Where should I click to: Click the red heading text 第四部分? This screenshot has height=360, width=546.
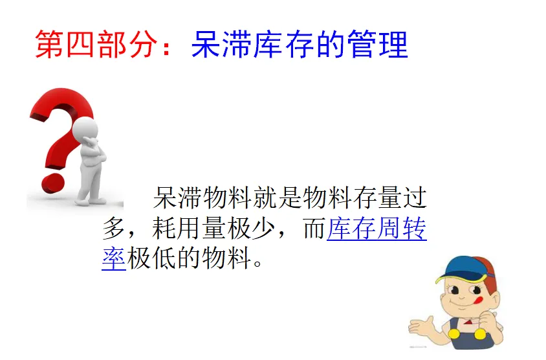[x=96, y=45]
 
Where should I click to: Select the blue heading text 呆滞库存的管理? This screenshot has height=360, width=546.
[x=300, y=45]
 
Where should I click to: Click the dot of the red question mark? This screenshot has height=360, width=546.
[x=53, y=183]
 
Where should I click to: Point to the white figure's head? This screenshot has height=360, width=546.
[x=85, y=129]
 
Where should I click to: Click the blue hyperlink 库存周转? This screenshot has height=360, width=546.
[x=377, y=229]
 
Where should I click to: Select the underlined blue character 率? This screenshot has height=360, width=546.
[x=114, y=258]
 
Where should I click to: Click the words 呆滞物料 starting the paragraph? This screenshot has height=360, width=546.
[x=202, y=198]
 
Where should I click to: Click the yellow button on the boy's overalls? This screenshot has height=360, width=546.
[x=453, y=334]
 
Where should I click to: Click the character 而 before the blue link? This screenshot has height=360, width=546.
[x=314, y=229]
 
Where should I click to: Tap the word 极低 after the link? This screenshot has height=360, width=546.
[x=151, y=258]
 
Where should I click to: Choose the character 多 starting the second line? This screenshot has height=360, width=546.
[x=113, y=229]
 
